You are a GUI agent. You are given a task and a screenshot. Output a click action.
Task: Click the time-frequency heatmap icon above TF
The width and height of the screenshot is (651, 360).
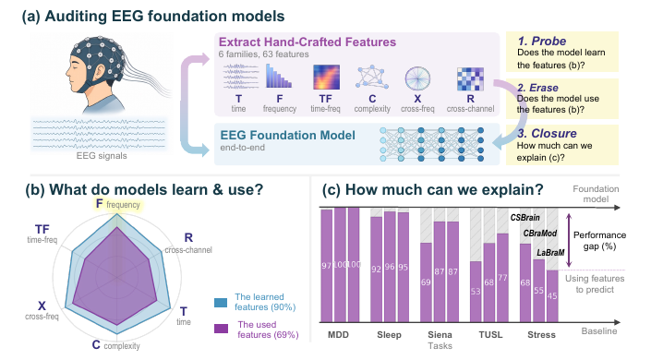[x=326, y=77]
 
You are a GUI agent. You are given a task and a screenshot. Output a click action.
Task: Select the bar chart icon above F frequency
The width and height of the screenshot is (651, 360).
[x=279, y=76]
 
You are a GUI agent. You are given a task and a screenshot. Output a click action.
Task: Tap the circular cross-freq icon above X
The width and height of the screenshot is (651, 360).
[x=417, y=78]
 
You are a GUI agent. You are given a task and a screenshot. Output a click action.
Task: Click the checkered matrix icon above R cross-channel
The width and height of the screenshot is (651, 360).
[x=470, y=78]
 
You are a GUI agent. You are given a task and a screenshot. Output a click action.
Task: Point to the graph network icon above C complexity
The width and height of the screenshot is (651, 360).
[x=372, y=78]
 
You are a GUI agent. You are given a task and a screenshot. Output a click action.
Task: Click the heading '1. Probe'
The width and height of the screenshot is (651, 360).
[x=542, y=42]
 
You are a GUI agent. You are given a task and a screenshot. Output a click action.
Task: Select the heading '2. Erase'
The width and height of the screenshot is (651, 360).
[x=537, y=88]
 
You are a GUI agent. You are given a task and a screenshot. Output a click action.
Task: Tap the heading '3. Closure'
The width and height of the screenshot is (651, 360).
[x=547, y=133]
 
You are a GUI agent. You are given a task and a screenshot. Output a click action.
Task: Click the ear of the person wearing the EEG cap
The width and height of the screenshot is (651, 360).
[x=100, y=72]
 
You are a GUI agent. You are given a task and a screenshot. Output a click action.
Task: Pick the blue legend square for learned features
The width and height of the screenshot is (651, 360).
[x=221, y=302]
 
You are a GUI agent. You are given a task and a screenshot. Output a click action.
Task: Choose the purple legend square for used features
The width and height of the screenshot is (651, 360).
[x=221, y=329]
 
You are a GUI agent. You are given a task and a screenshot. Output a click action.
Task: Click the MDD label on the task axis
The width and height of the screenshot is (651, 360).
[x=338, y=335]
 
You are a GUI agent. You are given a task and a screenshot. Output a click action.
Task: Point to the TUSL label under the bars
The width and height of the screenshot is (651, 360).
[x=490, y=335]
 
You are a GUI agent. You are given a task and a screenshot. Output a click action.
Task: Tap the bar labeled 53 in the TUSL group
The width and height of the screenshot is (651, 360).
[x=476, y=292]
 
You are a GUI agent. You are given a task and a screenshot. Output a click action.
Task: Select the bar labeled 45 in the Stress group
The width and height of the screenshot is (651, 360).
[x=552, y=296]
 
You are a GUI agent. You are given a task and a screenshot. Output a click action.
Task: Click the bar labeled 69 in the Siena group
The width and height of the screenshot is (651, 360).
[x=426, y=282]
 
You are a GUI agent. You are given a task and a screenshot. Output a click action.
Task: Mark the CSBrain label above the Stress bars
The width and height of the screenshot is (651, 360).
[x=525, y=217]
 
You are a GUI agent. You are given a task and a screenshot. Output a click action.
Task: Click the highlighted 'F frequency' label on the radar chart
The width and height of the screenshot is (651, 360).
[x=118, y=204]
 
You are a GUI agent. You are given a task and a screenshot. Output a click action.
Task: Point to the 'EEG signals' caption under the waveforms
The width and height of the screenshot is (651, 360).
[x=102, y=156]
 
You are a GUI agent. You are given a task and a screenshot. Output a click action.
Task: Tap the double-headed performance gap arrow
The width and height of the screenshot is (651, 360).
[x=569, y=240]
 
